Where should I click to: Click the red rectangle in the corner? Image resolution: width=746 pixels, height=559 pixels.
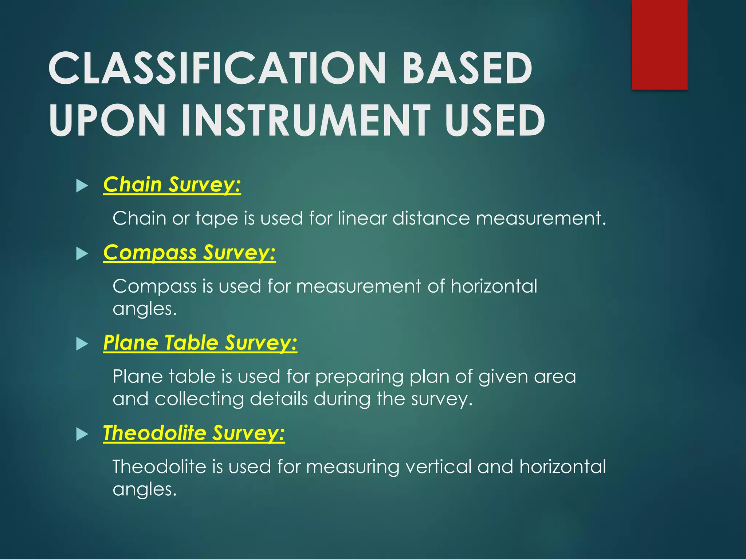click(x=659, y=44)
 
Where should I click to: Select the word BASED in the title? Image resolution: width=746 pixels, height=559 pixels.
click(x=467, y=68)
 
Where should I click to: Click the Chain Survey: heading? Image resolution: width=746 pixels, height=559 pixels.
click(x=172, y=185)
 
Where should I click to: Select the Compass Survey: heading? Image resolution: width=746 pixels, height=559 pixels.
click(x=189, y=253)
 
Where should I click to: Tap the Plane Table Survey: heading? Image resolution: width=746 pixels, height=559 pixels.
click(x=200, y=343)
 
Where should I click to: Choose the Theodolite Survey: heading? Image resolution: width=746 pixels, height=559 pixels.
click(x=194, y=433)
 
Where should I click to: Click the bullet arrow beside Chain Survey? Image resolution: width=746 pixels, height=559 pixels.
click(x=82, y=186)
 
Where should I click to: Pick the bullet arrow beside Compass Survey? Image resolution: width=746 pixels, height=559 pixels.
click(x=82, y=254)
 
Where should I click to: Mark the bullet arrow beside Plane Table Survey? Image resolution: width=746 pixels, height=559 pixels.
click(x=82, y=344)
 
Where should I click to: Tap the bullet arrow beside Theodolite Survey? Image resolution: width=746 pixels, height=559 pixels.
click(x=82, y=434)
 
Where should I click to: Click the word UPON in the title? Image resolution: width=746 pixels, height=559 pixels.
click(x=107, y=120)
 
